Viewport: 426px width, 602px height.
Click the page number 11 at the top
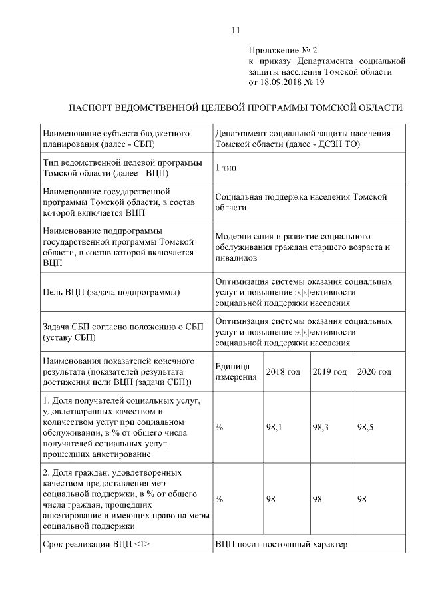pyautogui.click(x=235, y=30)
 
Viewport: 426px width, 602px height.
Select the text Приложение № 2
pyautogui.click(x=284, y=50)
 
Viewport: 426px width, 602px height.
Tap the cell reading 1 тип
pyautogui.click(x=226, y=168)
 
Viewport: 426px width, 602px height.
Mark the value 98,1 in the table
pyautogui.click(x=274, y=428)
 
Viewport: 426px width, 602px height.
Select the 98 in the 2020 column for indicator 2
pyautogui.click(x=363, y=499)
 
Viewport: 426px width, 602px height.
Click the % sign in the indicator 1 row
pyautogui.click(x=219, y=428)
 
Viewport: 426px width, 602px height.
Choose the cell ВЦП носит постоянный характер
pyautogui.click(x=282, y=545)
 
